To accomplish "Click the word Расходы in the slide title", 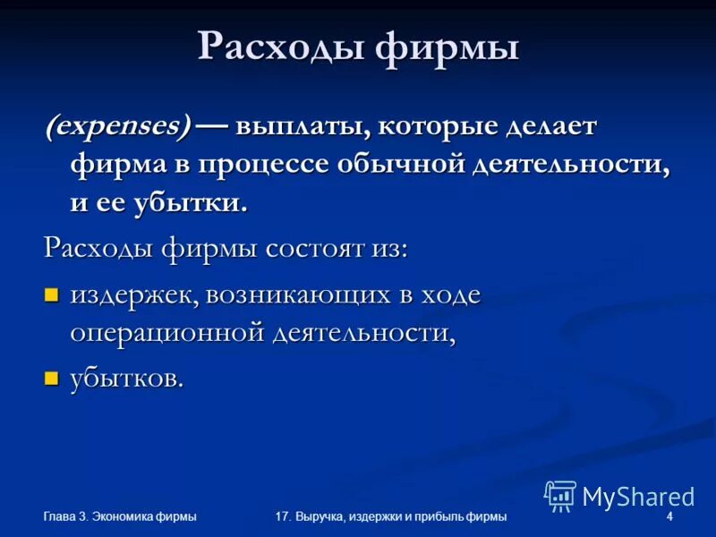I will click(280, 47).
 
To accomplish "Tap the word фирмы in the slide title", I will click(447, 47).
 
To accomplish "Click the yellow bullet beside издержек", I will click(51, 294).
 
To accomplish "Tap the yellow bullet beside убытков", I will click(51, 378).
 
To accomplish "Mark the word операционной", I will click(166, 333).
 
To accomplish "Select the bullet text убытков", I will click(127, 378).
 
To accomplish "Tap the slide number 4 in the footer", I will click(669, 516).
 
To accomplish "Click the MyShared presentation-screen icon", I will click(560, 495).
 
